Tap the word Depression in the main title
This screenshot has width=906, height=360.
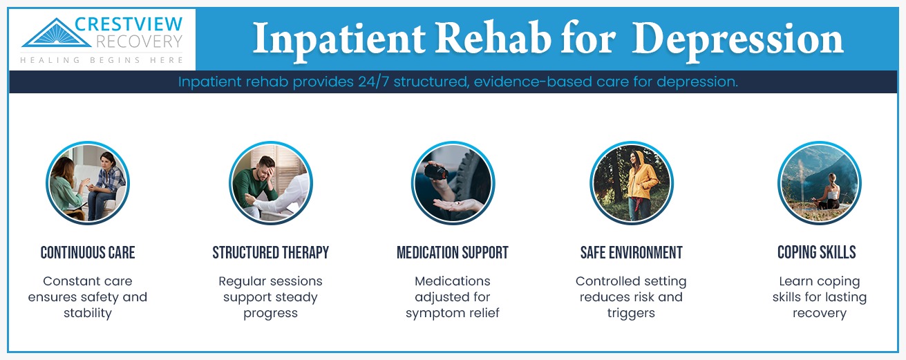pos(737,39)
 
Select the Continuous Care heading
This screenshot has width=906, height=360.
pos(88,253)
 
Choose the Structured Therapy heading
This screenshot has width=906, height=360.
pos(270,253)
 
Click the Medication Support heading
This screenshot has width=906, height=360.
pos(452,253)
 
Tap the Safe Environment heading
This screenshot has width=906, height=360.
pos(631,253)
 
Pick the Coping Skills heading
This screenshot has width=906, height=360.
pos(816,253)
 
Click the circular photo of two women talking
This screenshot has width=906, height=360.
pos(88,183)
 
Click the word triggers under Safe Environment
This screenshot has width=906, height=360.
pos(631,313)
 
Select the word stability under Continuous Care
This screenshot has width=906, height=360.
pos(88,313)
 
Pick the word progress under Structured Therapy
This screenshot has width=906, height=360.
pos(270,313)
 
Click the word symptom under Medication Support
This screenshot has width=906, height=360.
pos(433,313)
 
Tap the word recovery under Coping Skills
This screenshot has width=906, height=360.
pos(819,313)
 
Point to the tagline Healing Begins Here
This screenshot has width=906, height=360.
pos(102,61)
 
